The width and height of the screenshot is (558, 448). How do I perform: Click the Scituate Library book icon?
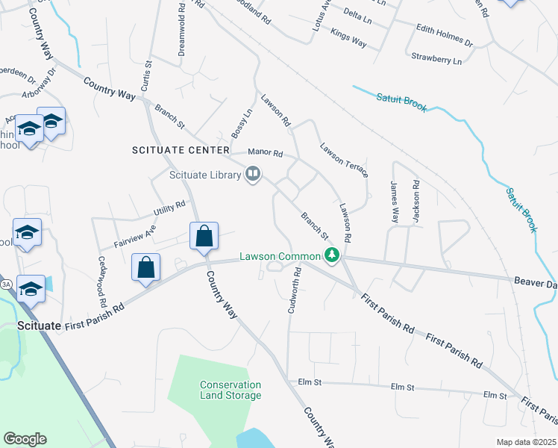coord(253,175)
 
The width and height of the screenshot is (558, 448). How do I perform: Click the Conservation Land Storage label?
coord(231,390)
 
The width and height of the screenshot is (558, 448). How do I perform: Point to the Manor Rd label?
coord(268,154)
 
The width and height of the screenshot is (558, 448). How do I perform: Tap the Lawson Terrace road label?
coord(343,160)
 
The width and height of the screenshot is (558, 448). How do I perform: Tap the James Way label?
coord(394,201)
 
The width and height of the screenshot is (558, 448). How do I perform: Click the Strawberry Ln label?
coord(436,57)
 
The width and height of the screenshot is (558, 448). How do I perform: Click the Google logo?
coord(25,439)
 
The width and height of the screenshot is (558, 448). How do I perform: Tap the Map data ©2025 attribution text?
coord(526,442)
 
